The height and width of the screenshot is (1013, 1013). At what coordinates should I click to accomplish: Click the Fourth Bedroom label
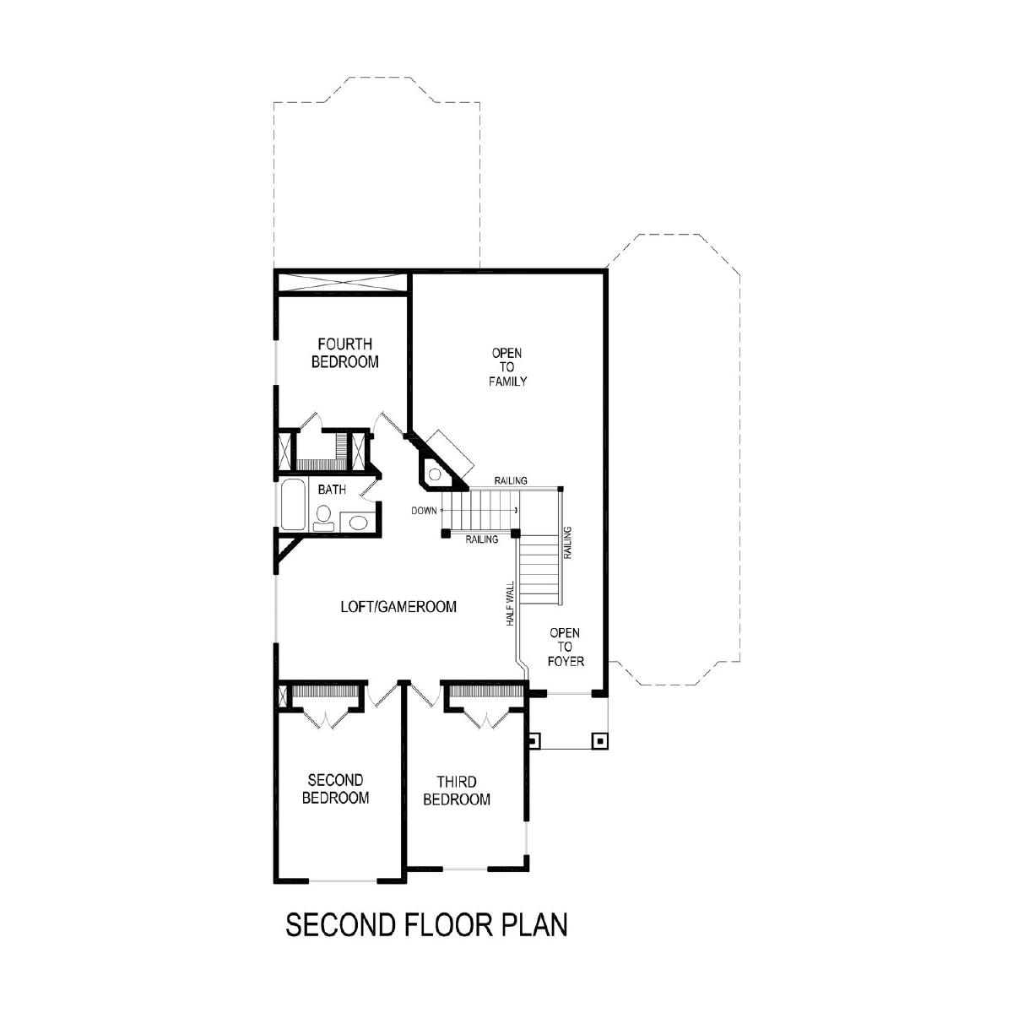[345, 353]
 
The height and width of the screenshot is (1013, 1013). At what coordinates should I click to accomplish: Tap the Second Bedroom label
[335, 788]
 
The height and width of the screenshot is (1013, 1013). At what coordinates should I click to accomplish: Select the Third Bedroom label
[457, 791]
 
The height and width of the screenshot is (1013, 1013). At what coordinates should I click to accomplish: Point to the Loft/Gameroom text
[398, 607]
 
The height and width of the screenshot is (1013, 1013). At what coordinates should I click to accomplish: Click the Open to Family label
[507, 367]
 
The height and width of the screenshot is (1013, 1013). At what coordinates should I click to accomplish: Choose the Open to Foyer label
[565, 647]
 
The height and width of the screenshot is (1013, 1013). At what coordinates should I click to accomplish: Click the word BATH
[332, 490]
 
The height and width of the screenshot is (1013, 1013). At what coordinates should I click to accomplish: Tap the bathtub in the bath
[293, 505]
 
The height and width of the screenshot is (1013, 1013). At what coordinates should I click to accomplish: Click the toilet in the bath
[322, 518]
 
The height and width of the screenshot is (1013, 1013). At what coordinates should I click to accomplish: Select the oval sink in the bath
[359, 523]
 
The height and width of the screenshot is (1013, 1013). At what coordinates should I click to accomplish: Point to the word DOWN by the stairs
[424, 511]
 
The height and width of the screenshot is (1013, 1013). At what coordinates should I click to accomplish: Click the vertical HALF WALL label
[510, 603]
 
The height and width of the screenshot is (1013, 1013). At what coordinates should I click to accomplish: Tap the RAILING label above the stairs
[511, 480]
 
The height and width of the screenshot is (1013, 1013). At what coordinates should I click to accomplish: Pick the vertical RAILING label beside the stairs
[567, 543]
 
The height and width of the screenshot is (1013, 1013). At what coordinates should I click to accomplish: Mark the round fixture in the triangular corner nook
[435, 474]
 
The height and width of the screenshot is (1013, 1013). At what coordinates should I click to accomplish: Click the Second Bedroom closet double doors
[327, 720]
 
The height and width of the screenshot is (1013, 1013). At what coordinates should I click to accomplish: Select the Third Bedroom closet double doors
[487, 720]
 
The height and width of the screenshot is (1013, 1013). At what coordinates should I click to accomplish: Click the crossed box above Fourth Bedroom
[342, 282]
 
